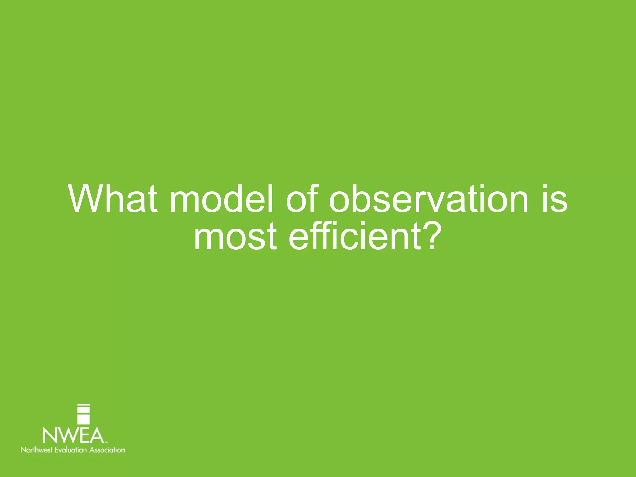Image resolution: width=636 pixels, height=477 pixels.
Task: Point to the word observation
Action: point(429,199)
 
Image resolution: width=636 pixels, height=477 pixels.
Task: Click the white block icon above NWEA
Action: point(84,414)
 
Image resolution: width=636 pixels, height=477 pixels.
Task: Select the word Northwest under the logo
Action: point(37,450)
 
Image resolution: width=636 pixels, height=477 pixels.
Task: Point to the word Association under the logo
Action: point(107,450)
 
